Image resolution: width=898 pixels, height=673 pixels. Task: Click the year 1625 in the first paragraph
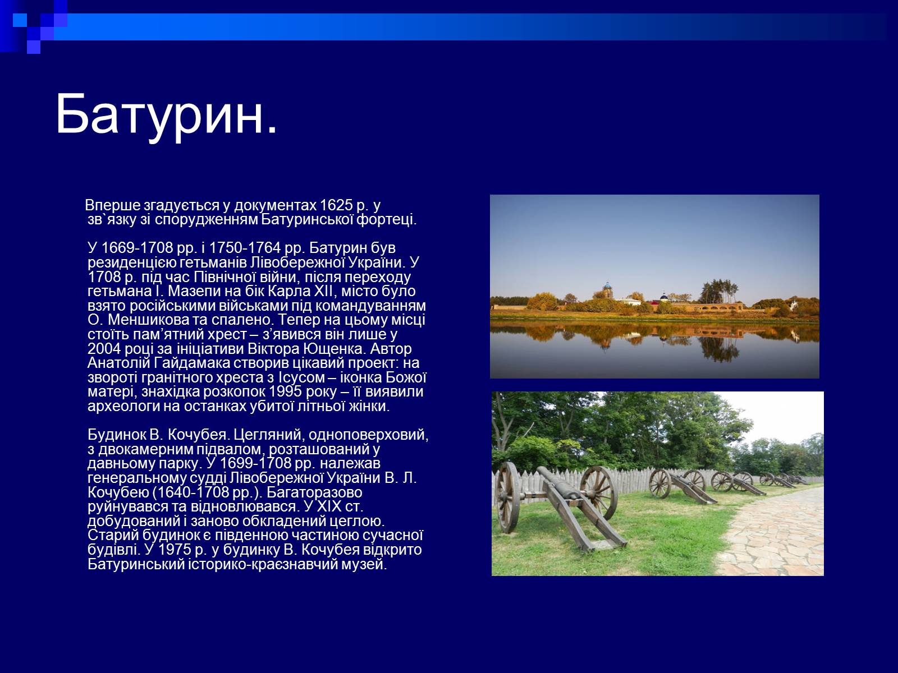click(x=336, y=205)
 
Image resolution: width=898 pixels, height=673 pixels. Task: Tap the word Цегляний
click(x=268, y=435)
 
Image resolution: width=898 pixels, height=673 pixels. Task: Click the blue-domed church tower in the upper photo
click(x=607, y=290)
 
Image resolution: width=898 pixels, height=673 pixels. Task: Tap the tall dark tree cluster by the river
click(x=719, y=292)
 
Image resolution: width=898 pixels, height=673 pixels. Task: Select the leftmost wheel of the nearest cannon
click(x=507, y=497)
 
